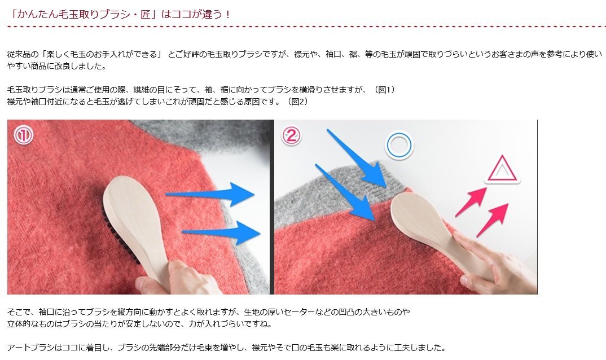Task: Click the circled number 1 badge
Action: [x=24, y=135]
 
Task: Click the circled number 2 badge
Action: [x=291, y=135]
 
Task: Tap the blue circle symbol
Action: [x=399, y=146]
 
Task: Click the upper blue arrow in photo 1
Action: [x=210, y=194]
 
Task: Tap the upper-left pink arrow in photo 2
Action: [x=471, y=201]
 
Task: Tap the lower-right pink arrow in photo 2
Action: [x=493, y=219]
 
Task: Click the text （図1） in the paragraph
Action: [x=384, y=90]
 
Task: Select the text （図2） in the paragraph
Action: [x=297, y=102]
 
